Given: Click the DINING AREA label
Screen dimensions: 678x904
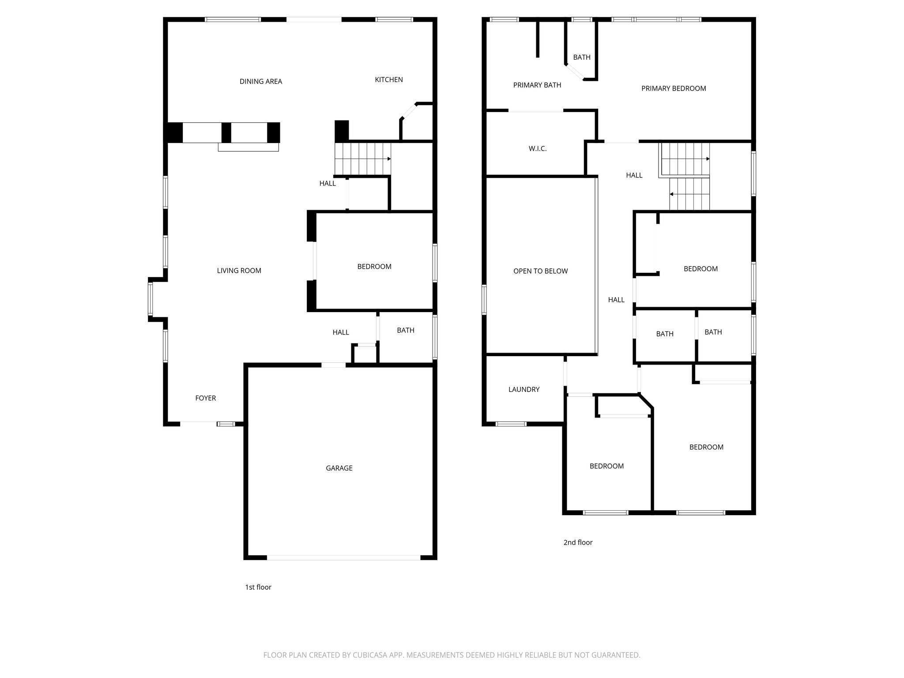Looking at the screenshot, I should pos(260,81).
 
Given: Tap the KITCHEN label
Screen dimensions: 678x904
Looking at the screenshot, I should pos(388,79).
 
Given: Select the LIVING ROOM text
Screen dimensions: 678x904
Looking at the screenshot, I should pos(239,271).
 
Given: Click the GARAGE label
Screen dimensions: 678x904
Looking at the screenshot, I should pos(339,468).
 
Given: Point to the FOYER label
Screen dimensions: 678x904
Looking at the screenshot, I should pos(205,398).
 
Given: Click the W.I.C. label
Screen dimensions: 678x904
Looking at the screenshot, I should pos(537,149).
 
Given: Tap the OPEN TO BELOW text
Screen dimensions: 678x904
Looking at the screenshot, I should pos(540,271).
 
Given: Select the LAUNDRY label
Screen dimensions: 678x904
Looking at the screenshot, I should pos(524,389).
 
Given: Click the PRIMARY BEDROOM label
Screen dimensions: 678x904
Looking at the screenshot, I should pos(673,88).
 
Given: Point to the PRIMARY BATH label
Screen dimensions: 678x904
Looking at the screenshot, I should pos(537,85).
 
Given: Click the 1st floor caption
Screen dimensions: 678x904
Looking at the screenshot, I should pos(258,587).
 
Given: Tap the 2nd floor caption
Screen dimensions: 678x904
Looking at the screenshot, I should pos(577,542).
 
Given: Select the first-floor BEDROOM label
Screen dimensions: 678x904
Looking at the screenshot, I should pos(374,267).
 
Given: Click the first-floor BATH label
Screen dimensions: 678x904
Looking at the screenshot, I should pos(405,330).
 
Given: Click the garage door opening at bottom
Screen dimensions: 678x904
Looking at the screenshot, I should pos(343,557).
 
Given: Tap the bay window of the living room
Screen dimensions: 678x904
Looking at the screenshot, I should pos(151,298).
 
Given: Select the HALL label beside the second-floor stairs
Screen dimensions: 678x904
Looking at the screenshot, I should pos(634,175).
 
